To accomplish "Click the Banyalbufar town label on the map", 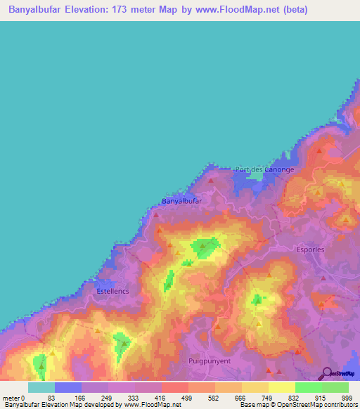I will pyautogui.click(x=182, y=201).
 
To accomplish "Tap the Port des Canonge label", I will pyautogui.click(x=264, y=169).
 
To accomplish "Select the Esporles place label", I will pyautogui.click(x=303, y=247).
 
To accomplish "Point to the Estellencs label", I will pyautogui.click(x=113, y=289).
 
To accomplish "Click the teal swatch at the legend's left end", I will pyautogui.click(x=41, y=387).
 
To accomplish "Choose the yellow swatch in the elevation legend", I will pyautogui.click(x=281, y=387).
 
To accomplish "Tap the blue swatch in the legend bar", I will pyautogui.click(x=67, y=387).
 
